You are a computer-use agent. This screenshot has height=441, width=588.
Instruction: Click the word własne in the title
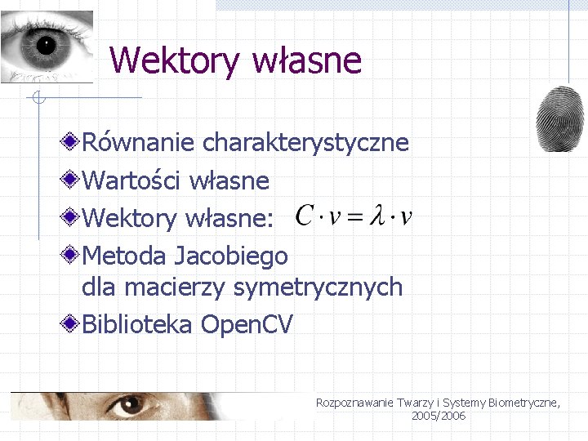pyautogui.click(x=308, y=60)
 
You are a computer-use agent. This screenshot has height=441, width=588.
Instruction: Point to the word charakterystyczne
pyautogui.click(x=305, y=143)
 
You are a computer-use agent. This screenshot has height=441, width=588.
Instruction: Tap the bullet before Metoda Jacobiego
pyautogui.click(x=73, y=256)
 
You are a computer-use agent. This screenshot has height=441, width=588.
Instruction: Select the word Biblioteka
pyautogui.click(x=138, y=325)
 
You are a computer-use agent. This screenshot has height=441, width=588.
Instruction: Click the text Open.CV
pyautogui.click(x=247, y=325)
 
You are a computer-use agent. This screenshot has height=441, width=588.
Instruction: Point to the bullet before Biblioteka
pyautogui.click(x=73, y=324)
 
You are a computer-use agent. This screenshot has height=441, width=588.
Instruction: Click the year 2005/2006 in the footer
pyautogui.click(x=439, y=416)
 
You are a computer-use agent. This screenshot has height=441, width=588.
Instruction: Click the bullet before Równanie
pyautogui.click(x=73, y=142)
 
